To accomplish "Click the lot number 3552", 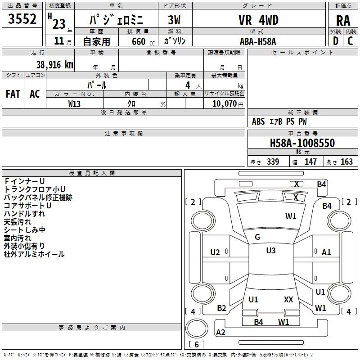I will pos(22,20).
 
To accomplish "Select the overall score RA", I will pos(343,21).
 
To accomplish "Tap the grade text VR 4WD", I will pos(258,20).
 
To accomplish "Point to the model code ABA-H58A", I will pos(258,41).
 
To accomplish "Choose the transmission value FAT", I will pos(13,94).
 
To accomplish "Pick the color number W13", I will pos(74,103).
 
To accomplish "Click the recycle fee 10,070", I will pos(221,103).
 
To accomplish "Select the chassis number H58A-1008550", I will pos(302,143).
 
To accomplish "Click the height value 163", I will pos(346,162).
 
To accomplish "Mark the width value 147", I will pos(310,162).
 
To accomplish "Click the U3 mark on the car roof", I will pos(270,251).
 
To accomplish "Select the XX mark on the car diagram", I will pos(288,299).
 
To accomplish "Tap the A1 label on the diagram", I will pos(326,252).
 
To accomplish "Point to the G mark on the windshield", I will pos(257,237).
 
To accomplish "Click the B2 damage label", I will pos(221,308).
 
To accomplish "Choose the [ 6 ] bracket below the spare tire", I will pos(197,344).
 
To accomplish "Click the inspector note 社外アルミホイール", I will pos(34,254).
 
